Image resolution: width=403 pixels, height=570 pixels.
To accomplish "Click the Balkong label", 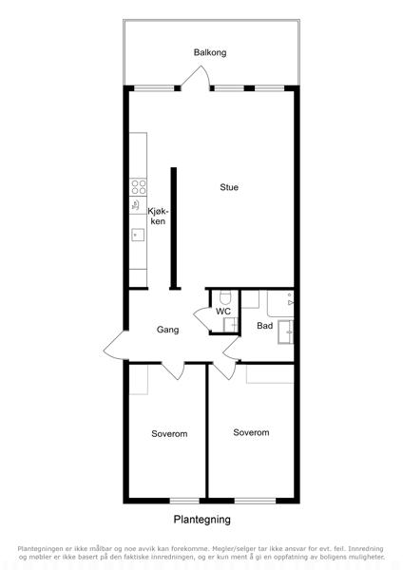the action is [x=210, y=52].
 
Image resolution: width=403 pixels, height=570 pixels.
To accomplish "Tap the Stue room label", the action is [x=229, y=187].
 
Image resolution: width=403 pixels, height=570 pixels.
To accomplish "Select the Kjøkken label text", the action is [x=158, y=216].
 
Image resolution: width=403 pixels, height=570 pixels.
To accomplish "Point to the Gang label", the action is [x=167, y=330].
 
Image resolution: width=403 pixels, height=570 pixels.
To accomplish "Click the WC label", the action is [x=223, y=312].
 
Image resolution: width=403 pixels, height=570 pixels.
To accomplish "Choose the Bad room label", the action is [x=265, y=326].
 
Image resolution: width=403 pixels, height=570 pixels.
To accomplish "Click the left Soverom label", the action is [x=169, y=434].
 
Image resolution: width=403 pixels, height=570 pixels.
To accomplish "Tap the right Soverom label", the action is [x=251, y=432].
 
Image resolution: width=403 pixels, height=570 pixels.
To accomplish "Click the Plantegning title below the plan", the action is [x=201, y=520].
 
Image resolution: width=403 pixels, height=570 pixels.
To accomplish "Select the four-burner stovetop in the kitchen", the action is [x=139, y=187].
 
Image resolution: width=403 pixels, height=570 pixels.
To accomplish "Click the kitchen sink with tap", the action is [x=138, y=235].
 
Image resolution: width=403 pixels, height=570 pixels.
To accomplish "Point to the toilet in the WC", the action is [x=225, y=297].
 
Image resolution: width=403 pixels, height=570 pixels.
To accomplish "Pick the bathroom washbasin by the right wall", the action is [x=286, y=332].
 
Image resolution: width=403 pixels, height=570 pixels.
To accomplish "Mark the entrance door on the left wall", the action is [x=113, y=346].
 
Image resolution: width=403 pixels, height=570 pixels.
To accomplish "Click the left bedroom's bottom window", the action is [x=184, y=501].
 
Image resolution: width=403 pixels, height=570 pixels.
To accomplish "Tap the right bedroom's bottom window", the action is [x=255, y=501].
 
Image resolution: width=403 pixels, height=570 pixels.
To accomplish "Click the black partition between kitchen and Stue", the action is [x=174, y=228].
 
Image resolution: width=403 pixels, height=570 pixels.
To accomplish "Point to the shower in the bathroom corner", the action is [x=280, y=304].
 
